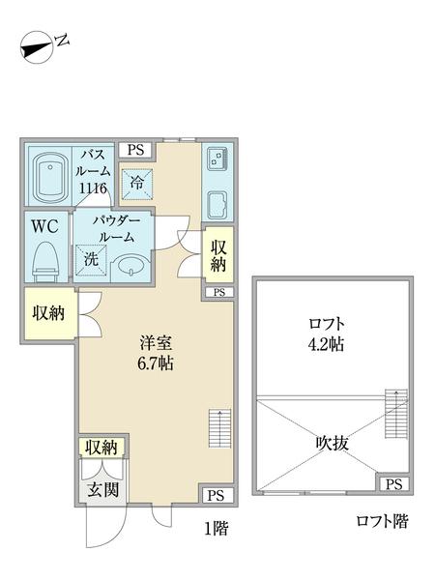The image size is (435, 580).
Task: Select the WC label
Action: pyautogui.click(x=45, y=228)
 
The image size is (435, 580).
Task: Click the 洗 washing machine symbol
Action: pyautogui.click(x=89, y=259)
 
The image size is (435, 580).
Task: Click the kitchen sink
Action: pyautogui.click(x=215, y=159)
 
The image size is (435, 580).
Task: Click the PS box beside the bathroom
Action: pyautogui.click(x=135, y=150)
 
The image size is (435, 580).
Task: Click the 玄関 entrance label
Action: pyautogui.click(x=103, y=489)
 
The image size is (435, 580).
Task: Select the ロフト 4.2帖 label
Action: pyautogui.click(x=328, y=333)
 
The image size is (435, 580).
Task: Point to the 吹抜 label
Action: pyautogui.click(x=330, y=443)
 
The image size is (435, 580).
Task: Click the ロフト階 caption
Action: pyautogui.click(x=382, y=523)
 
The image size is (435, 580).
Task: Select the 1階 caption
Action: pyautogui.click(x=217, y=529)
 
